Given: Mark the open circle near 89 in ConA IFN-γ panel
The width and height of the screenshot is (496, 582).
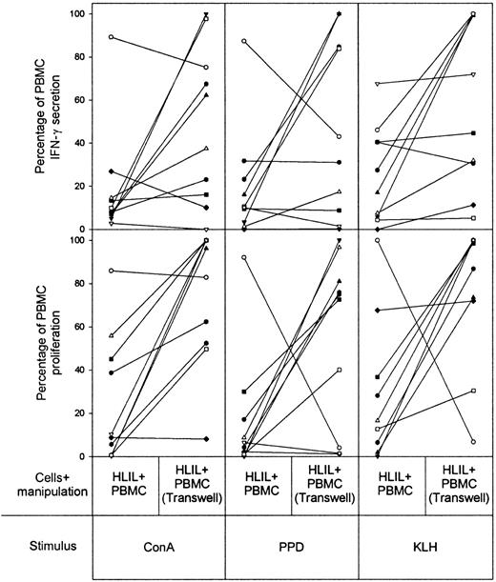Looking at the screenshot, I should pos(112,37).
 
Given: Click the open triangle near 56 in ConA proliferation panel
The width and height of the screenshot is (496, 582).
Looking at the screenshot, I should pos(112,335).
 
